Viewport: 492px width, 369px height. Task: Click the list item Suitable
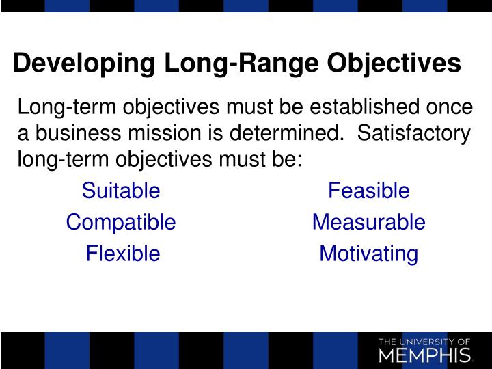[121, 191]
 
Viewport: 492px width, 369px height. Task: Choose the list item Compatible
[121, 222]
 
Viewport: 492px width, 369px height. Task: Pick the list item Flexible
[123, 254]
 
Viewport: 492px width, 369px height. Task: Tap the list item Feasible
[369, 191]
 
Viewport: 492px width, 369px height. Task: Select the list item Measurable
[369, 222]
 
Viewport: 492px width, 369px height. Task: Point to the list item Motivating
[369, 254]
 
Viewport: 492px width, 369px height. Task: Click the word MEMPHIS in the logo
[424, 355]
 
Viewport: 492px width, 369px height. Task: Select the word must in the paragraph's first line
[247, 107]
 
